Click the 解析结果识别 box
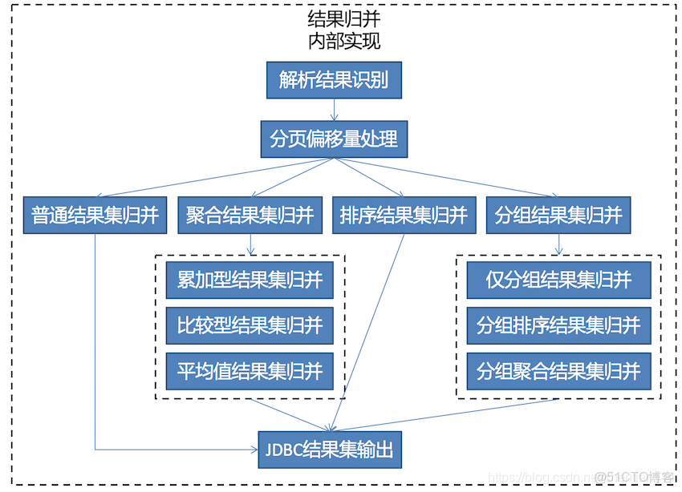[x=333, y=80]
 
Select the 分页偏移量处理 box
[x=334, y=139]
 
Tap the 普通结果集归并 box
[x=95, y=216]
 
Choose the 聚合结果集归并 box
[x=250, y=216]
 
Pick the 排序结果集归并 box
[x=404, y=216]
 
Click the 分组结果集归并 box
[x=558, y=216]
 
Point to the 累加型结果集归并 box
[x=250, y=280]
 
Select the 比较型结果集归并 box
[x=250, y=325]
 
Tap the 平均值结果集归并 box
[x=250, y=371]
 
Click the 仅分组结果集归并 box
[x=558, y=280]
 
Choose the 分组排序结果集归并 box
[x=558, y=325]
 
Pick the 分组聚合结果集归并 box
[x=558, y=371]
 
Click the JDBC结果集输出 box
[x=330, y=450]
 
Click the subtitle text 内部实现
[x=343, y=41]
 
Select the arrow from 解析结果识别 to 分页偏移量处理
[x=334, y=109]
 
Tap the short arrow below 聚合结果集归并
[x=251, y=244]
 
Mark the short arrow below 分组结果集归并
[x=558, y=244]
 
